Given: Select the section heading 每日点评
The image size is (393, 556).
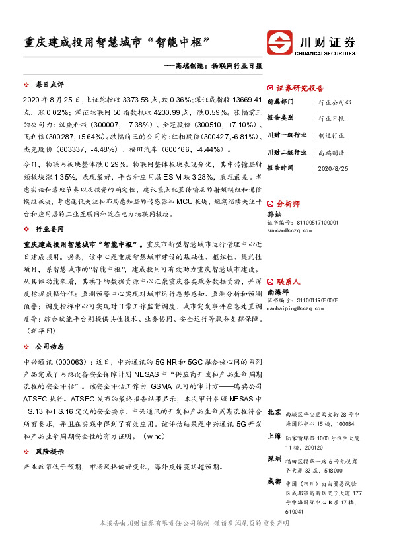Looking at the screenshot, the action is click(x=50, y=85).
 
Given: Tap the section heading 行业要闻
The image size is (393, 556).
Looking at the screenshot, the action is click(x=50, y=229).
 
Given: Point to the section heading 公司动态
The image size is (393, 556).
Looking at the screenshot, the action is click(x=50, y=346).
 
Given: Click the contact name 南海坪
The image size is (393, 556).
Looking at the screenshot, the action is click(x=277, y=291).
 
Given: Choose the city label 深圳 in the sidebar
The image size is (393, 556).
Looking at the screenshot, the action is click(x=274, y=458).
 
